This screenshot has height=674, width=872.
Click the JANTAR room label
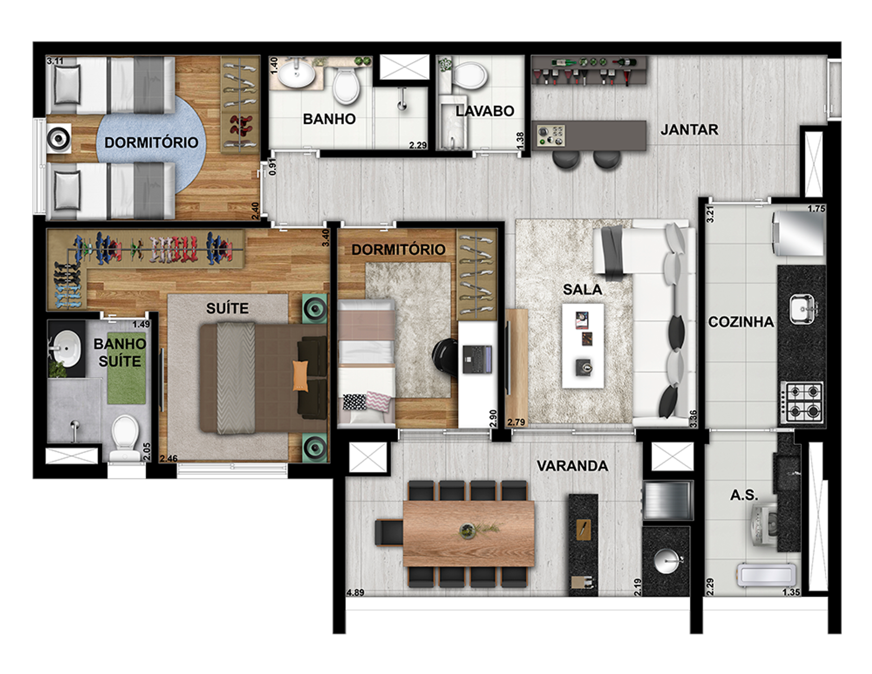[x=689, y=130]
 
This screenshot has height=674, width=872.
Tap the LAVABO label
[x=484, y=111]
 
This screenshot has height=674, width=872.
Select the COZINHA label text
[x=741, y=322]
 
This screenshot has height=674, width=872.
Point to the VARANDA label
[x=572, y=466]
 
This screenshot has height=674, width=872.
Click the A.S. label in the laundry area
[x=744, y=495]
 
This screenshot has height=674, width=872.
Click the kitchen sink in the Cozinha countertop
[x=803, y=309]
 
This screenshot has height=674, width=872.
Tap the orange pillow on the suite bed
[x=300, y=376]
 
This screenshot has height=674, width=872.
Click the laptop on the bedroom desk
[x=477, y=359]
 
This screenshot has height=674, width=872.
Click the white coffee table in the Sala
[x=583, y=345]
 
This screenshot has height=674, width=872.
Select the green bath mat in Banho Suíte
[x=126, y=369]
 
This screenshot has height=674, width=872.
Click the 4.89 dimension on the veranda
[x=355, y=593]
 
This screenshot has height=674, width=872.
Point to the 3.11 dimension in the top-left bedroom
[x=55, y=61]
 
